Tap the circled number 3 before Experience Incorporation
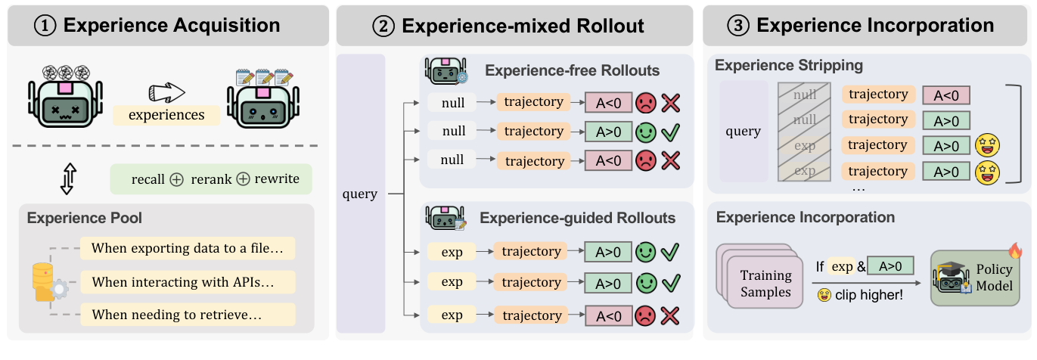(738, 26)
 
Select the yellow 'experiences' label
(166, 115)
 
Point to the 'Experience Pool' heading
(85, 218)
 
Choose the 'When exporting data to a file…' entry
(188, 248)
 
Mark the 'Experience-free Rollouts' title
(572, 71)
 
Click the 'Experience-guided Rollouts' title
(577, 219)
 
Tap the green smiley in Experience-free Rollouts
(645, 131)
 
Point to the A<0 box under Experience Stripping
(946, 95)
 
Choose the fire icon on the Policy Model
(1014, 250)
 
